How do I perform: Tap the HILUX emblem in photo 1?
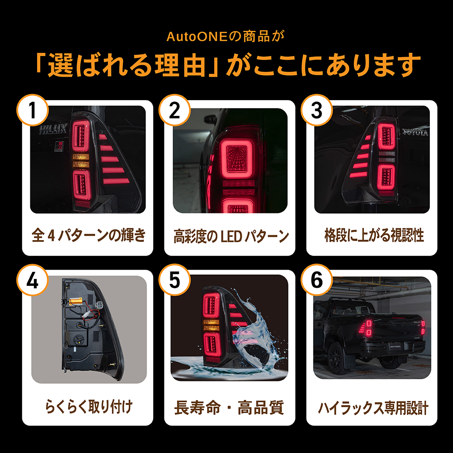(51, 130)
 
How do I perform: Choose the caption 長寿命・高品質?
(229, 407)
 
